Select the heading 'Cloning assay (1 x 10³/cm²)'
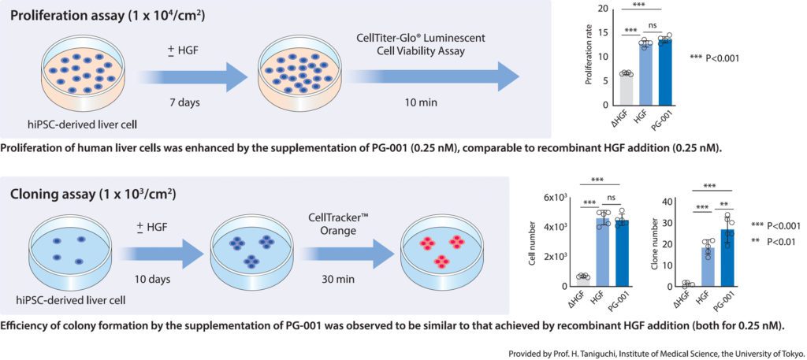[x=93, y=193]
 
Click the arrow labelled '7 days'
[x=193, y=76]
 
